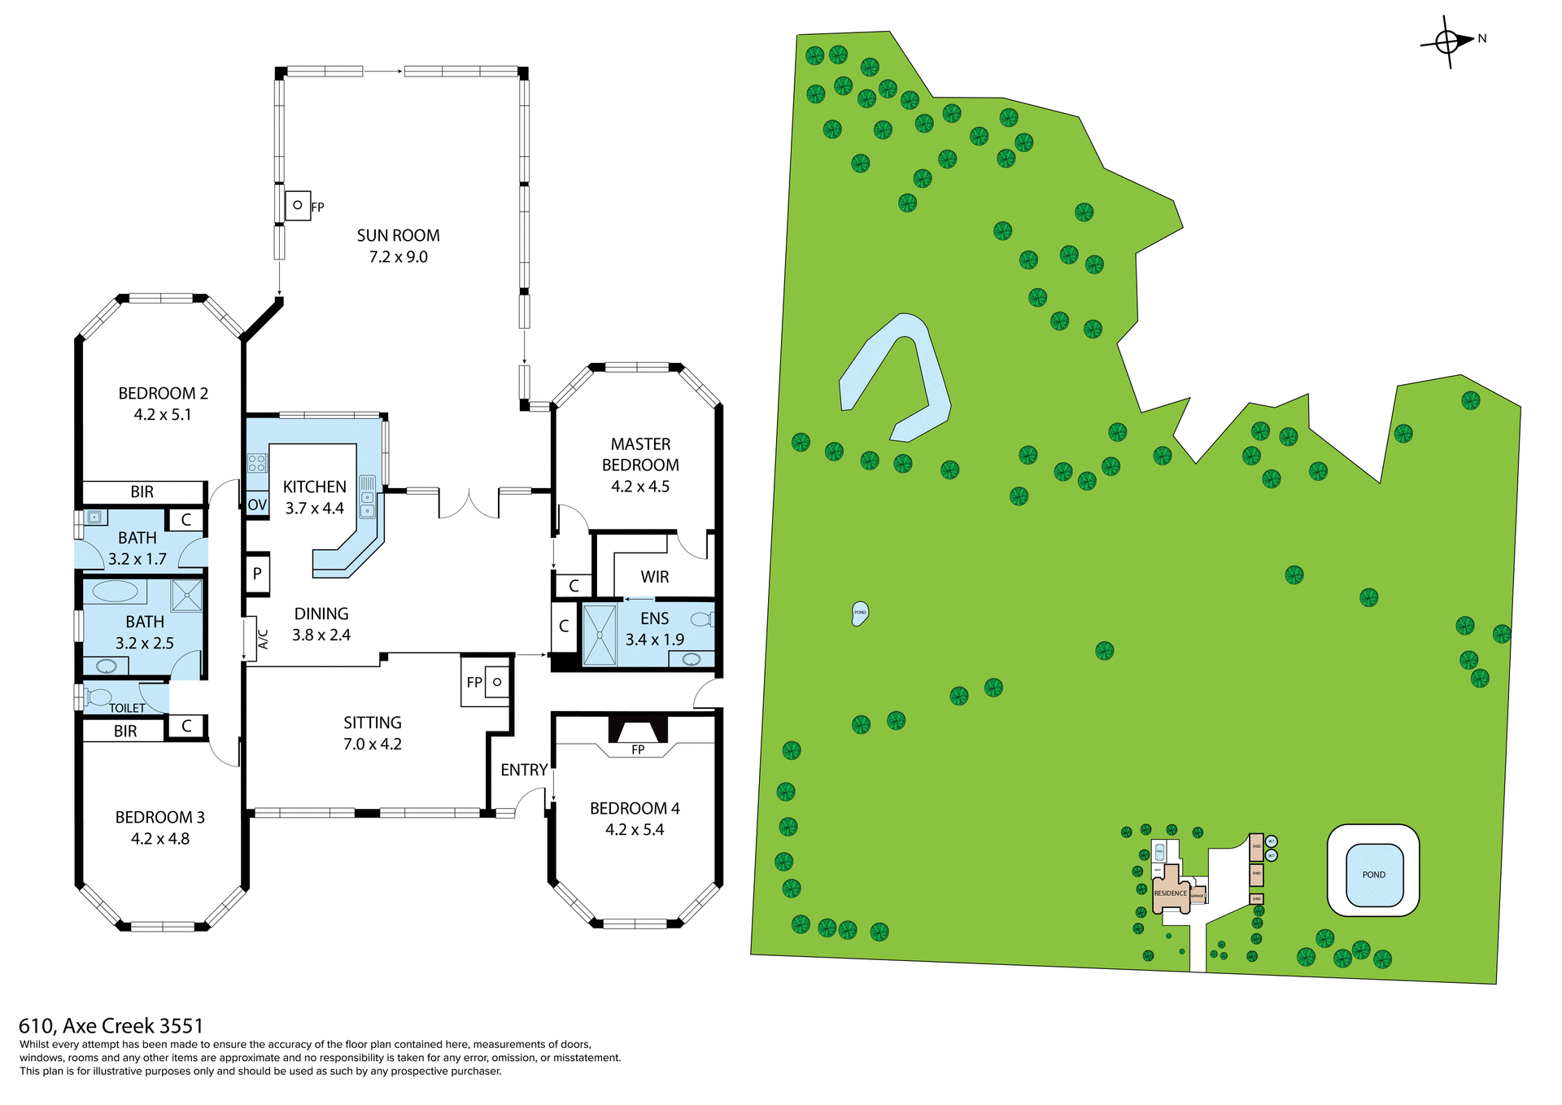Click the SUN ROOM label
pos(398,236)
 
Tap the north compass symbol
pos(1448,41)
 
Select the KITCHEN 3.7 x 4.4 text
pos(314,497)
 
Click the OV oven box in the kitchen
pos(257,504)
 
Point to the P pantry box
pos(257,574)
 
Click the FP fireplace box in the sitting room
pos(485,682)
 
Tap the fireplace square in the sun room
pos(298,205)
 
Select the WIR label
pos(654,577)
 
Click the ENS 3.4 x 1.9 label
pos(654,629)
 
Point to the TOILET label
pos(127,708)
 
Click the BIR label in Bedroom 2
pos(142,491)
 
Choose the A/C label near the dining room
pos(263,639)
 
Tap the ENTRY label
pos(523,770)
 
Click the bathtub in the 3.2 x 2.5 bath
pos(115,591)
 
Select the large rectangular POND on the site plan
pos(1373,875)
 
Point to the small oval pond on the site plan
pos(860,613)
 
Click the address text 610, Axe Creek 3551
pos(111,1025)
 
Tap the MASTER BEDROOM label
pos(640,465)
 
